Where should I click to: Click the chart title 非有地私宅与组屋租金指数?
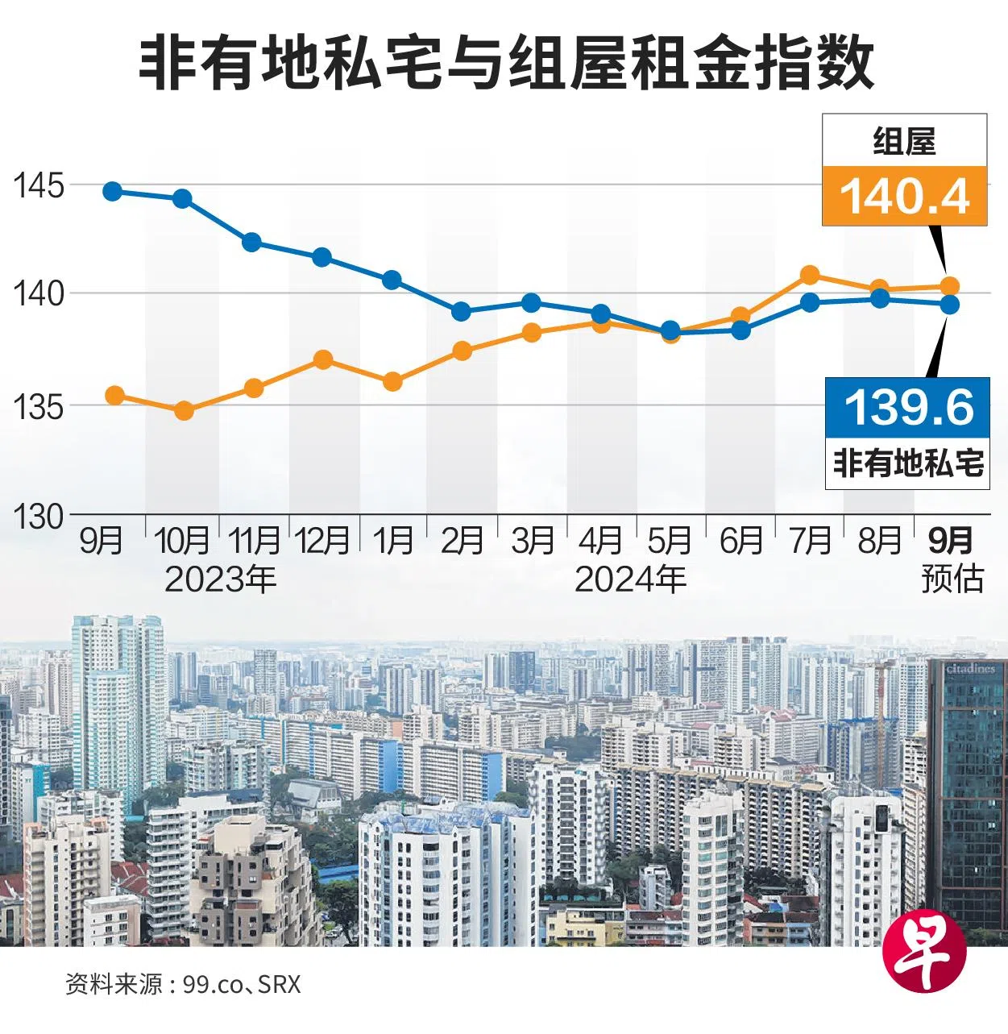506,63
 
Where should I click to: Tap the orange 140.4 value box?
904,196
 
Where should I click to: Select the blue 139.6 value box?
908,407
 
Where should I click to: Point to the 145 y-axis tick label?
37,185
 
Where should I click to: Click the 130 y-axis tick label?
37,517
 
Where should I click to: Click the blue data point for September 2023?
113,192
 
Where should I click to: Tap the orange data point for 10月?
184,411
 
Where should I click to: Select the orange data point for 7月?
810,276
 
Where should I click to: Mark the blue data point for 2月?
462,312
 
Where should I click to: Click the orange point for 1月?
392,382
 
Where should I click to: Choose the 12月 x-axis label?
322,541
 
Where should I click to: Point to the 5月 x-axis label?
670,541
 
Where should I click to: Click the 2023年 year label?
220,579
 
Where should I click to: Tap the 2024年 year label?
630,579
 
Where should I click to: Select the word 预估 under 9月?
952,579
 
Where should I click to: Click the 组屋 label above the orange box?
904,142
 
